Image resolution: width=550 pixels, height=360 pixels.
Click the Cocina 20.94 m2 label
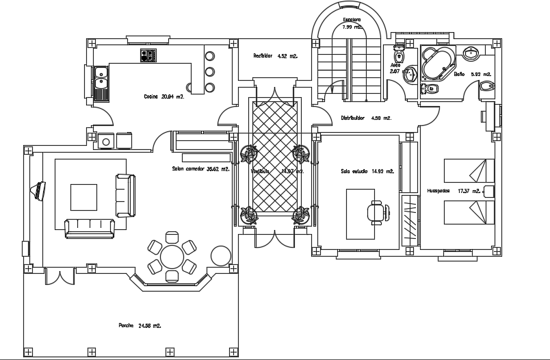coord(163,97)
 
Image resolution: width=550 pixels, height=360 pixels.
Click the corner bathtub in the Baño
coord(436,63)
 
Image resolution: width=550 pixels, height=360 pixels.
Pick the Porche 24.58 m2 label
coord(140,326)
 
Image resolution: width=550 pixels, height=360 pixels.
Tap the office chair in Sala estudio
coord(375,211)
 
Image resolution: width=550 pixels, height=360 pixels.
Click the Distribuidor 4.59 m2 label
coord(365,118)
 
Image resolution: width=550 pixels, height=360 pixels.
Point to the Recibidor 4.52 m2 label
coord(272,55)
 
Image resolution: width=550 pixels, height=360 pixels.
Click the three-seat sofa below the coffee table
coord(89,228)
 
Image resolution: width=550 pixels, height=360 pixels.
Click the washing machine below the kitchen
coord(107,140)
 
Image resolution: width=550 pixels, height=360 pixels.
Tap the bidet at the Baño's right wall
coord(486,86)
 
